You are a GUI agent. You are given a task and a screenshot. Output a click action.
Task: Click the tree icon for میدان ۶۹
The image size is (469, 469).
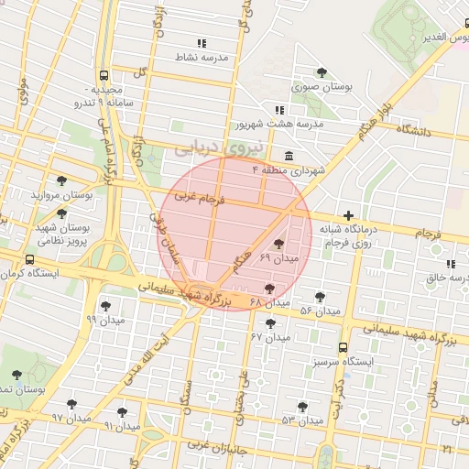[278, 244]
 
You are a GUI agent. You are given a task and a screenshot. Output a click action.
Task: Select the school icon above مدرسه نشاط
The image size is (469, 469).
[202, 42]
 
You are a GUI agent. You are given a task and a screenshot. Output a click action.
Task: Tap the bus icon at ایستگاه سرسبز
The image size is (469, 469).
[343, 347]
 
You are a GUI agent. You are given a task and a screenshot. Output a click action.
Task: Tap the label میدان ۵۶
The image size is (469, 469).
[320, 311]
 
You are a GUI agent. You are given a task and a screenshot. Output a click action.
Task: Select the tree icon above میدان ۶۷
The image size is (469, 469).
[270, 322]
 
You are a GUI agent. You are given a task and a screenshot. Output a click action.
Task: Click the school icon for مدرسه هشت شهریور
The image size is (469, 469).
[279, 110]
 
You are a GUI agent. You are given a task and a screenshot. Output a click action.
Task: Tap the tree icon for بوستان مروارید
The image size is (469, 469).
[61, 180]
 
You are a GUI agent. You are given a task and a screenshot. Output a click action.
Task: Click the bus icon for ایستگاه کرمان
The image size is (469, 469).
[30, 259]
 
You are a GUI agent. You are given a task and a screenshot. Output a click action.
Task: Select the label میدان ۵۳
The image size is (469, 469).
[304, 420]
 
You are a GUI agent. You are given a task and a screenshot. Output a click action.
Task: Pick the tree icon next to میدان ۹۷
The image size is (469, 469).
[72, 404]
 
